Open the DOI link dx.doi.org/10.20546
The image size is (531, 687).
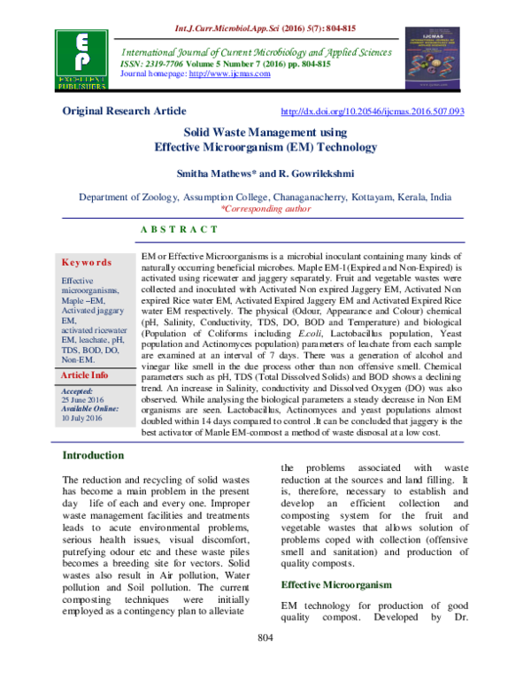point(371,112)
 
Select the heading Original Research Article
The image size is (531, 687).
point(124,112)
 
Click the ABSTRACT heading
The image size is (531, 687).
point(180,229)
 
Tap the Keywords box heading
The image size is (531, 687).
point(87,263)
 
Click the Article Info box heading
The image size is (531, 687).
point(85,400)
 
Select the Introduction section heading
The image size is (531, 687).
point(92,455)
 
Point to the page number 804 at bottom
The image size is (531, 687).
point(265,663)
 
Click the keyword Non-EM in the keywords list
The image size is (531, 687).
point(77,384)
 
